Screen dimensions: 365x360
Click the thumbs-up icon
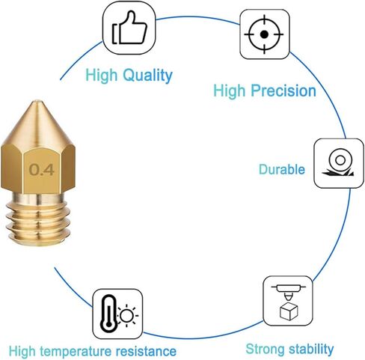pos(129,28)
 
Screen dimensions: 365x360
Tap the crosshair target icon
pos(264,34)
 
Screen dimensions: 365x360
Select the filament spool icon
pos(338,163)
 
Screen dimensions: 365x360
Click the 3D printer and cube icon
pos(289,302)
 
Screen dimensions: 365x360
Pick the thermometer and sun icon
pos(119,314)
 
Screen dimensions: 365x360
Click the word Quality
pos(148,75)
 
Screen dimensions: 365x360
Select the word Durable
pos(282,169)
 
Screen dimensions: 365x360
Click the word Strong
pos(265,349)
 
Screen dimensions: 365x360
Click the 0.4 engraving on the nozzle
pos(41,170)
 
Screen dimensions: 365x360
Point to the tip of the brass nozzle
pos(37,101)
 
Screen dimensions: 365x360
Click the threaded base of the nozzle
pos(37,219)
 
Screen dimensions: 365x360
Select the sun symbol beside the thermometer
pos(127,315)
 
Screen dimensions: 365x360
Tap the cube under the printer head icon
pos(289,311)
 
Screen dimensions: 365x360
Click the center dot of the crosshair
pos(264,34)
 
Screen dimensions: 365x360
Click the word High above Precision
pos(230,91)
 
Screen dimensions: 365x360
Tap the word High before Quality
pos(101,76)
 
